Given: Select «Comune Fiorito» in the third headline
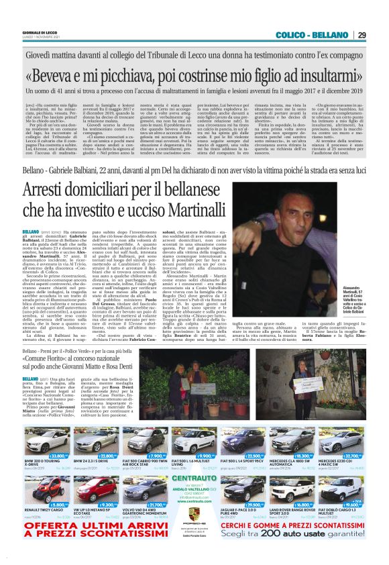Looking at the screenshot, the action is (54, 360).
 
